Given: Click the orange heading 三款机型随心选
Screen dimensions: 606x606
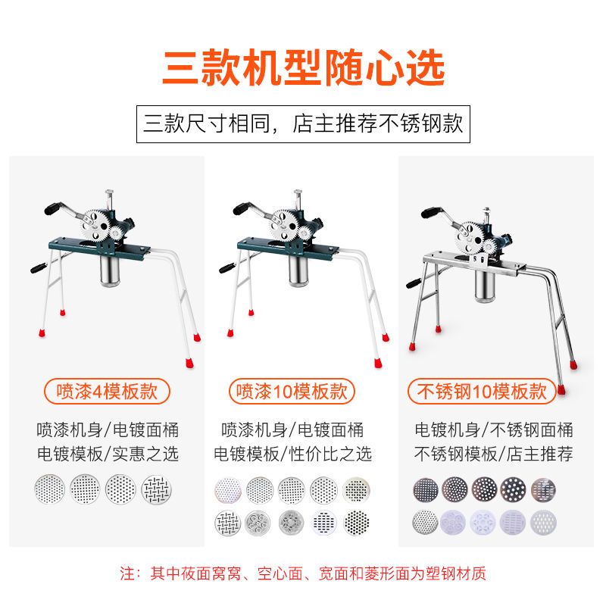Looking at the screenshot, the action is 304,67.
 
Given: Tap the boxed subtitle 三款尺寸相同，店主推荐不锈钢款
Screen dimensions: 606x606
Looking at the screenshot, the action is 303,124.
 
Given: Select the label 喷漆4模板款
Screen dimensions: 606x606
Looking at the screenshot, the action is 107,391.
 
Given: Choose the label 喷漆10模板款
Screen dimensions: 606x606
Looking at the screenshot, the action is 292,391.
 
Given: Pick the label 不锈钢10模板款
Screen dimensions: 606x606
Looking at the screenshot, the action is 482,391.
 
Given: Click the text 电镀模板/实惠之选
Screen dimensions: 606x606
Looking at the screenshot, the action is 108,454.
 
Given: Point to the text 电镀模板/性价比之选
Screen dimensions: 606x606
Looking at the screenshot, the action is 292,454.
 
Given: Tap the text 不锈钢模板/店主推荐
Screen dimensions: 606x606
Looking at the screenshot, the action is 494,454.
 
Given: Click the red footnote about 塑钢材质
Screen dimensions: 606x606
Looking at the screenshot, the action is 303,573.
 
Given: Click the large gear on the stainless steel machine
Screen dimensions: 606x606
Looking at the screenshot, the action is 469,237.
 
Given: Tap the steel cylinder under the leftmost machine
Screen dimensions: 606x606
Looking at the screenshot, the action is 110,270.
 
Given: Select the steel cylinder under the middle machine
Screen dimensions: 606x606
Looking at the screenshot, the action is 298,270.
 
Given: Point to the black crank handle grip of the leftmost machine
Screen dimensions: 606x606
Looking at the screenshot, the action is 52,209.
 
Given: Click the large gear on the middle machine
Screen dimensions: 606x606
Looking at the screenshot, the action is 283,225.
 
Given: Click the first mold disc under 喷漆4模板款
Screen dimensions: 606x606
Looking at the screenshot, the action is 50,489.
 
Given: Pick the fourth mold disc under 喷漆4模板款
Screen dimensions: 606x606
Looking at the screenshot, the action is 156,489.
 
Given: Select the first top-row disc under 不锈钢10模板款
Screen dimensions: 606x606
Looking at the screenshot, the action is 426,489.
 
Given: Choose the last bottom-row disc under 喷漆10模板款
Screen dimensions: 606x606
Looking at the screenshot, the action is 356,523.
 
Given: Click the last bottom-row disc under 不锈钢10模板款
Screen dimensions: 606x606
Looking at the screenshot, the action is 543,522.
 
